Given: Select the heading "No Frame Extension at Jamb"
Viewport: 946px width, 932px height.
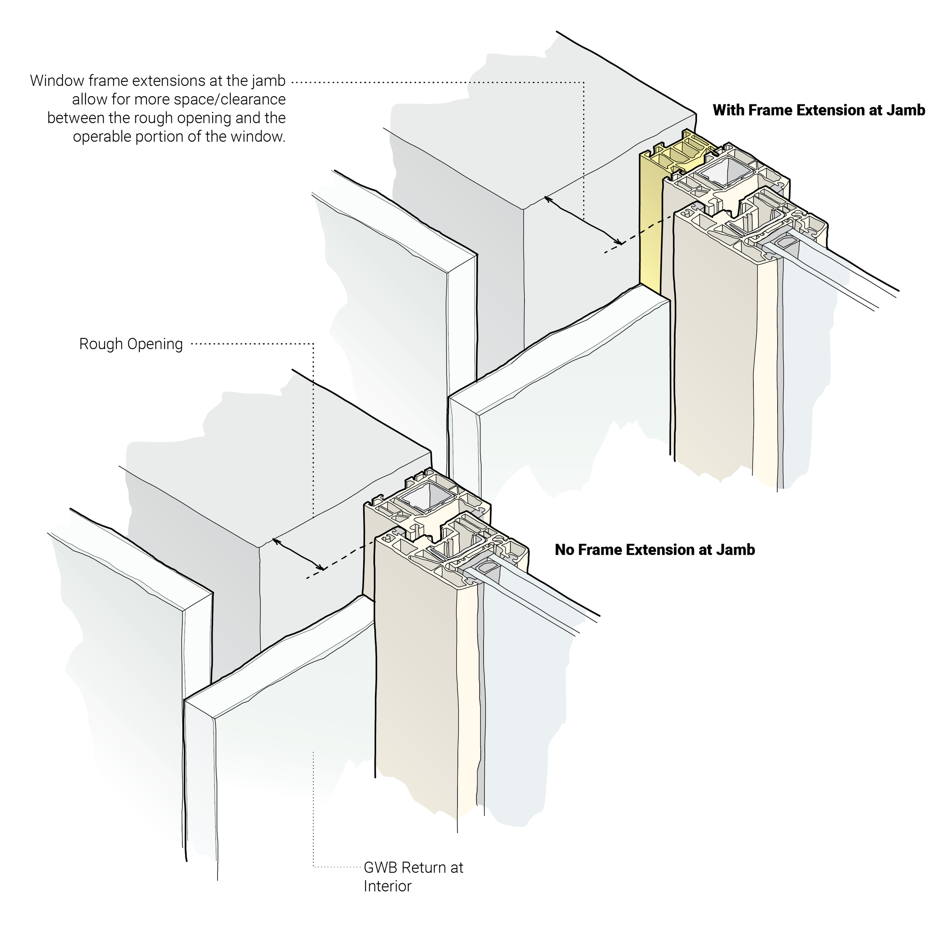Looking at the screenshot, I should (654, 550).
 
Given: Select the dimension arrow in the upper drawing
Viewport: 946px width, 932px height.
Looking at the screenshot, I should (583, 220).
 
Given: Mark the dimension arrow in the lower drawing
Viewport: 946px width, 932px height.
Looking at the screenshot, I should (298, 554).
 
